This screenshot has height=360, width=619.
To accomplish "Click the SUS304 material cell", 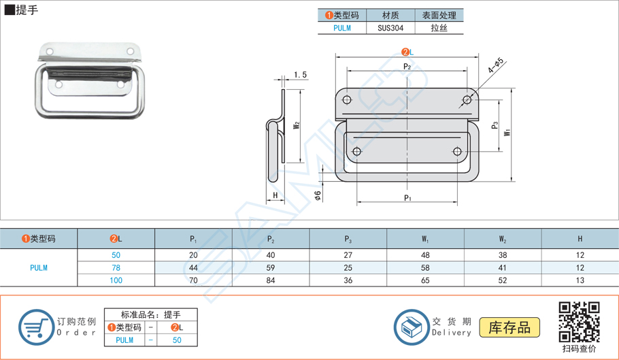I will pyautogui.click(x=390, y=28).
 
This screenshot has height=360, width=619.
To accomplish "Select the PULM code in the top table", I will pyautogui.click(x=342, y=28).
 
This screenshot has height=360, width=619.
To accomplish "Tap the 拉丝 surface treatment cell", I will pyautogui.click(x=439, y=28).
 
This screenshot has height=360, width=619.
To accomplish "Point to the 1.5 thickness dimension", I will pyautogui.click(x=300, y=75).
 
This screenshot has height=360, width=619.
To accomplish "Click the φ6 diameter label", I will pyautogui.click(x=318, y=195).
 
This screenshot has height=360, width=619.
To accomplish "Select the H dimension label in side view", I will pyautogui.click(x=275, y=196).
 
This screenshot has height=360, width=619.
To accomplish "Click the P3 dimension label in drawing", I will pyautogui.click(x=495, y=125).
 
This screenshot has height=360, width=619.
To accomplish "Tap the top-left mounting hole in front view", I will pyautogui.click(x=347, y=100).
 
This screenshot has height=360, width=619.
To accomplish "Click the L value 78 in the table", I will pyautogui.click(x=116, y=267).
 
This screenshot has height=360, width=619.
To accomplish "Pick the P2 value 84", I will pyautogui.click(x=271, y=280).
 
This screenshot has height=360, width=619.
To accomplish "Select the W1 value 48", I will pyautogui.click(x=425, y=255).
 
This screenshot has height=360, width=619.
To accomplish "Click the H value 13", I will pyautogui.click(x=580, y=280).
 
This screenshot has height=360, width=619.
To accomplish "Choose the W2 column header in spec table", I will pyautogui.click(x=503, y=239).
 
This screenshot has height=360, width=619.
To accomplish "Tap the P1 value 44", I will pyautogui.click(x=194, y=267).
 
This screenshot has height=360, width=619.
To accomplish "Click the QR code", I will pyautogui.click(x=579, y=322).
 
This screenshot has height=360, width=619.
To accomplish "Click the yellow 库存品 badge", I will pyautogui.click(x=509, y=327).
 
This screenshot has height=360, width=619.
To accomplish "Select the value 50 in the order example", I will pyautogui.click(x=177, y=340).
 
